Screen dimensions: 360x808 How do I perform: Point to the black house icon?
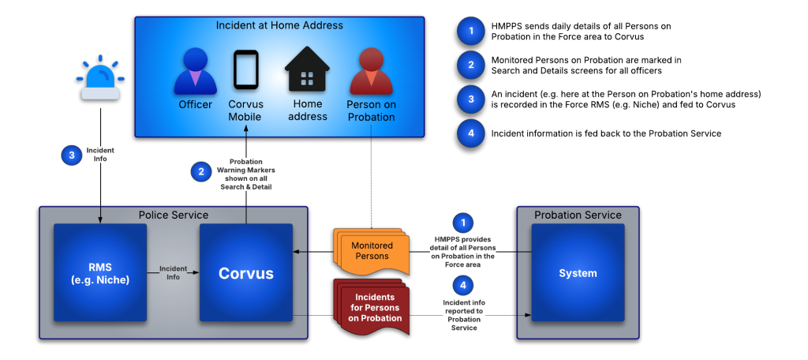coord(307,71)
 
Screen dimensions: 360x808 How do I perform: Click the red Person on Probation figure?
coord(371,71)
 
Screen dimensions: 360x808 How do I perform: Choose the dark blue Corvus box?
coord(245,272)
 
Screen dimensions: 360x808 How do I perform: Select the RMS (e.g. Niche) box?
coord(100,272)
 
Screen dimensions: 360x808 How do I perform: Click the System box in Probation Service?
coord(578,272)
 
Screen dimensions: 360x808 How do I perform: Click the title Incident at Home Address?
coord(279,25)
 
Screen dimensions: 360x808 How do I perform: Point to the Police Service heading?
coord(173,215)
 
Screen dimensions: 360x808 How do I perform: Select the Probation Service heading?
coord(578,215)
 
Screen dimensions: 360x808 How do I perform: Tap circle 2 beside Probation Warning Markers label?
coord(201,171)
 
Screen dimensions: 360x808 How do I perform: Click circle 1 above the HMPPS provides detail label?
coord(464,223)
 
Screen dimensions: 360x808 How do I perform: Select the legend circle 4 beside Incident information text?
coord(471,133)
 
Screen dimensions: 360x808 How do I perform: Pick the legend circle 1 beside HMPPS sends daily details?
coord(471,31)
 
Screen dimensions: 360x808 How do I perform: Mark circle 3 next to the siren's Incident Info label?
coord(72,156)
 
